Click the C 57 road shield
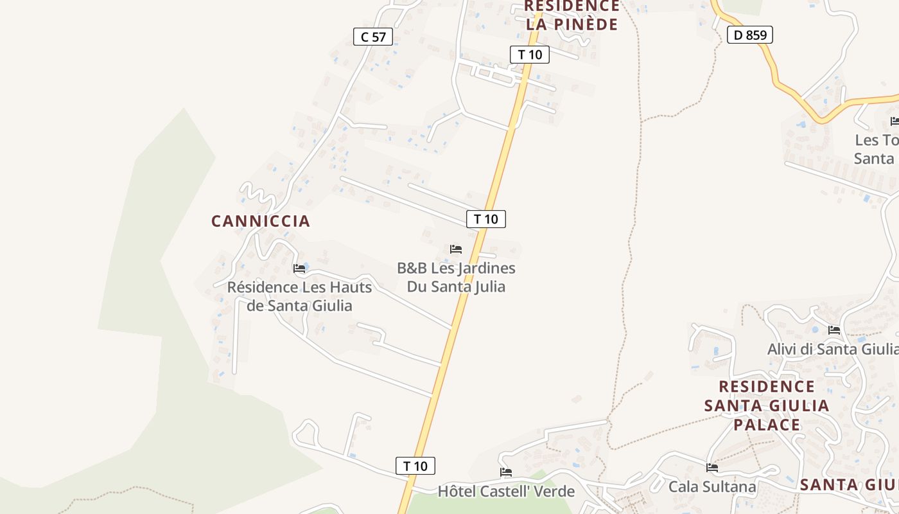click(373, 37)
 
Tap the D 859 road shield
click(749, 35)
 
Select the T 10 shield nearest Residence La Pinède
click(530, 55)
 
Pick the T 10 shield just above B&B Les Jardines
click(486, 219)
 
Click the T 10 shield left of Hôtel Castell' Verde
click(415, 466)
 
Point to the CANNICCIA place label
click(261, 221)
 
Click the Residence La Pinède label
click(572, 15)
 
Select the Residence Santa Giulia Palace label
click(767, 405)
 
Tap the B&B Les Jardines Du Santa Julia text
click(456, 277)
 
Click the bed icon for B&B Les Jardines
click(456, 249)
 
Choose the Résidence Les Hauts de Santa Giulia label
click(299, 296)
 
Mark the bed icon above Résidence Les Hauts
click(299, 268)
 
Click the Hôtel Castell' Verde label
click(506, 492)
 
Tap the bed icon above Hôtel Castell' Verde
click(506, 472)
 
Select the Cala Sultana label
click(712, 487)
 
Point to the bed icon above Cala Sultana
click(712, 468)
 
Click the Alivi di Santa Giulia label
click(833, 349)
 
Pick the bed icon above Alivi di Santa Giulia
click(834, 330)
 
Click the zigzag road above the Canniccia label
click(257, 192)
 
